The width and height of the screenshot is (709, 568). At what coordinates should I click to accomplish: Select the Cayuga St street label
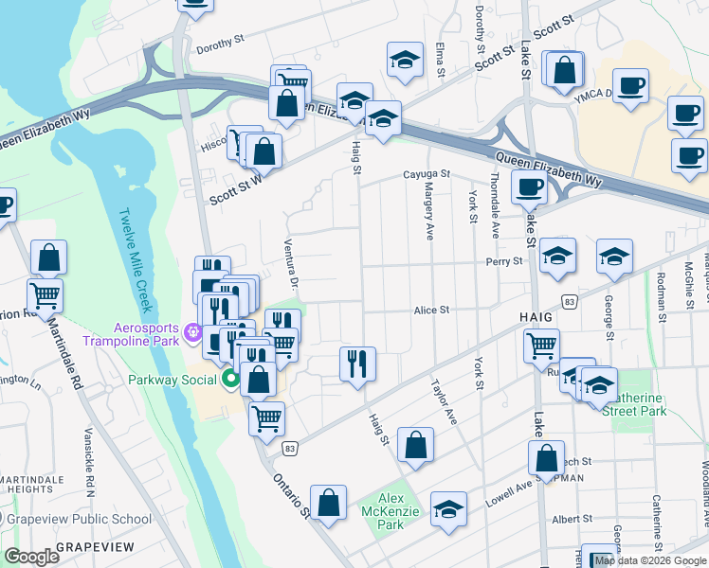coord(426,175)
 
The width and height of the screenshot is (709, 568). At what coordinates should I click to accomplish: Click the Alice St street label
coord(430,310)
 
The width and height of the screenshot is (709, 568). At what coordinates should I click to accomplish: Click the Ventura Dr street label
coord(292,263)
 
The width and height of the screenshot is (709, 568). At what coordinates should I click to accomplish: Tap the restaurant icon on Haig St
coord(357,364)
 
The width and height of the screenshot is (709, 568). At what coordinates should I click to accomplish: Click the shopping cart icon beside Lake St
coord(541,346)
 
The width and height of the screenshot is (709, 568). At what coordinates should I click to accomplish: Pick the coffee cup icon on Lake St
coord(529,186)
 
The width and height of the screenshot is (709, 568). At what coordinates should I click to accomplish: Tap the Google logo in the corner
coord(31,556)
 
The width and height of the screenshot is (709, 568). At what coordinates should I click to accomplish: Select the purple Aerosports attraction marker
coord(194,332)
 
